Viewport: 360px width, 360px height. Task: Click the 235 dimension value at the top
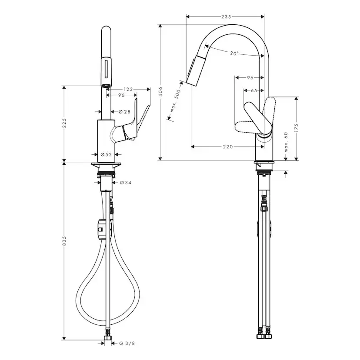click(226, 17)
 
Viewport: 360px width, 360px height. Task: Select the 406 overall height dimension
click(160, 91)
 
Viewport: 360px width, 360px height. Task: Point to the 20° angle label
click(234, 53)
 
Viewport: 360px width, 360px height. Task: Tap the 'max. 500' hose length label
click(175, 100)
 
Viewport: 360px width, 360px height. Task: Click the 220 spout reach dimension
click(228, 147)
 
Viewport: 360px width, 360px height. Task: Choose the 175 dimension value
click(296, 128)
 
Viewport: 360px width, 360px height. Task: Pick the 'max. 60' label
click(286, 142)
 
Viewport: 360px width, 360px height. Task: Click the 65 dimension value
click(254, 90)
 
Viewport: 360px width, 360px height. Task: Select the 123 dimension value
click(128, 89)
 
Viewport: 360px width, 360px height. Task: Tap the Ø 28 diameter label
click(124, 112)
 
